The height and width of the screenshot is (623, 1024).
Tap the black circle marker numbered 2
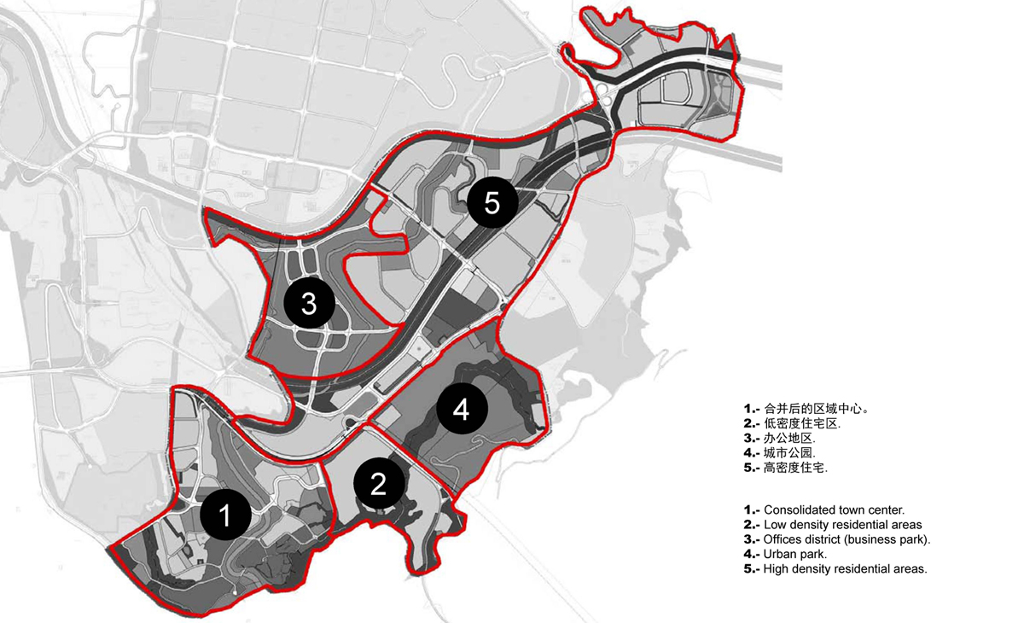point(378,484)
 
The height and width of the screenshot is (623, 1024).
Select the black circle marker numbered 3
point(309,303)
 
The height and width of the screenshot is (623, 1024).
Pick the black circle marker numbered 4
point(462,410)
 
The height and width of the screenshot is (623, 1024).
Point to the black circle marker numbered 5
point(492,203)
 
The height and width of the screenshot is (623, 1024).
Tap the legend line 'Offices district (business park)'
point(836,539)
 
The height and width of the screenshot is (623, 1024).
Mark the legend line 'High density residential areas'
point(835,568)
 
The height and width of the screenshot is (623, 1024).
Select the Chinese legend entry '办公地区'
point(780,438)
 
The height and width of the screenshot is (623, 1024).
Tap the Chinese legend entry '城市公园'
point(780,452)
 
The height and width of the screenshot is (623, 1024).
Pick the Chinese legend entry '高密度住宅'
point(786,467)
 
